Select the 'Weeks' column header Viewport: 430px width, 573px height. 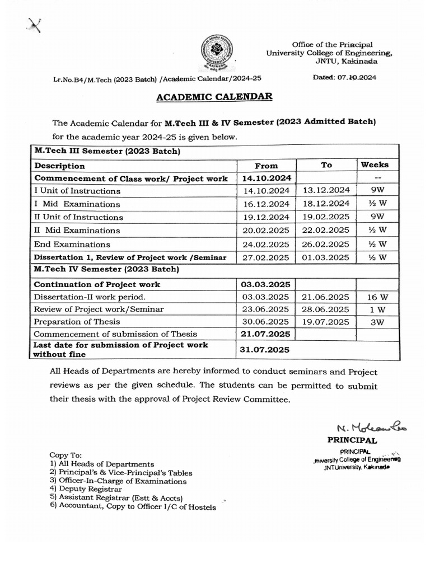click(375, 165)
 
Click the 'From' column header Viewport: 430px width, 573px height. click(266, 166)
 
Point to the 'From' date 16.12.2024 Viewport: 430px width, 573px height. click(266, 204)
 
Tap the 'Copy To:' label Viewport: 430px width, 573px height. click(66, 455)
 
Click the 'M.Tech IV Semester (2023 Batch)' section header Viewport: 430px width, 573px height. click(106, 270)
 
